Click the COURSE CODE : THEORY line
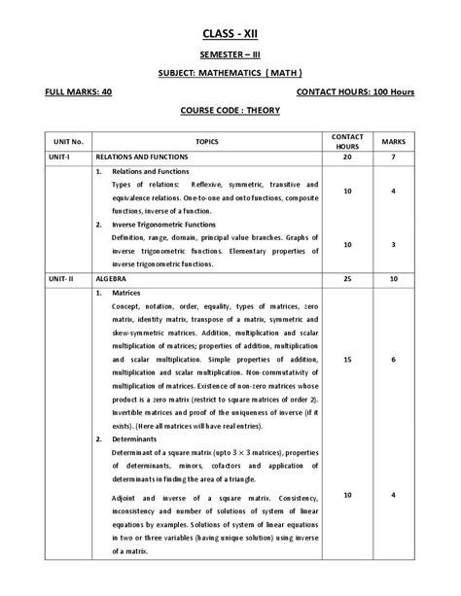coord(230,111)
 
